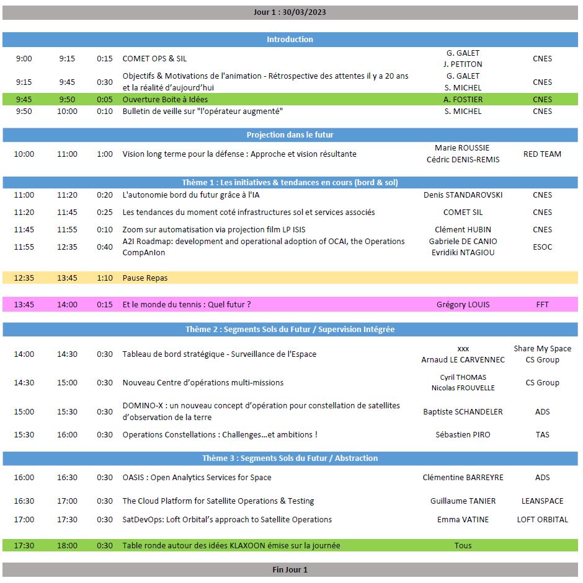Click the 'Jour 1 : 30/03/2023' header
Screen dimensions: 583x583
pyautogui.click(x=290, y=12)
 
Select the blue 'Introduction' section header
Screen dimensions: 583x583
pyautogui.click(x=290, y=39)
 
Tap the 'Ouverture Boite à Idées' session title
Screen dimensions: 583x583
pyautogui.click(x=165, y=99)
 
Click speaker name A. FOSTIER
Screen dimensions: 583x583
pyautogui.click(x=463, y=99)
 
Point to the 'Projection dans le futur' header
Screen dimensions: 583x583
pyautogui.click(x=290, y=134)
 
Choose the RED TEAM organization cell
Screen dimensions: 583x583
pyautogui.click(x=542, y=154)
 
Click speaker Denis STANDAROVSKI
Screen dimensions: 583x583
pyautogui.click(x=463, y=195)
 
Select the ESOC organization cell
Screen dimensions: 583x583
pyautogui.click(x=542, y=247)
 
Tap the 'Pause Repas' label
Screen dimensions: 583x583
pyautogui.click(x=145, y=278)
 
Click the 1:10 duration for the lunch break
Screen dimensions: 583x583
pyautogui.click(x=105, y=278)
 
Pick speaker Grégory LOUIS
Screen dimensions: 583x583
pyautogui.click(x=463, y=304)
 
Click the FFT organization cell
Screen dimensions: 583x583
pyautogui.click(x=542, y=304)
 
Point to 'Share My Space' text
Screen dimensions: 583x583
pyautogui.click(x=542, y=348)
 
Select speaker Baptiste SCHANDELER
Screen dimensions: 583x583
pyautogui.click(x=463, y=411)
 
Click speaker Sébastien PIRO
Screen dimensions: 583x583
pyautogui.click(x=463, y=434)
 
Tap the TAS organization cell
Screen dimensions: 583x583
pyautogui.click(x=542, y=434)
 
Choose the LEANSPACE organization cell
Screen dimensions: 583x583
pyautogui.click(x=542, y=501)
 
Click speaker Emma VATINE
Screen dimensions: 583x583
pyautogui.click(x=463, y=519)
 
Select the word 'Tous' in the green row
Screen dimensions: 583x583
pyautogui.click(x=463, y=545)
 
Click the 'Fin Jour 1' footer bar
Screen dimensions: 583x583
pyautogui.click(x=290, y=569)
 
